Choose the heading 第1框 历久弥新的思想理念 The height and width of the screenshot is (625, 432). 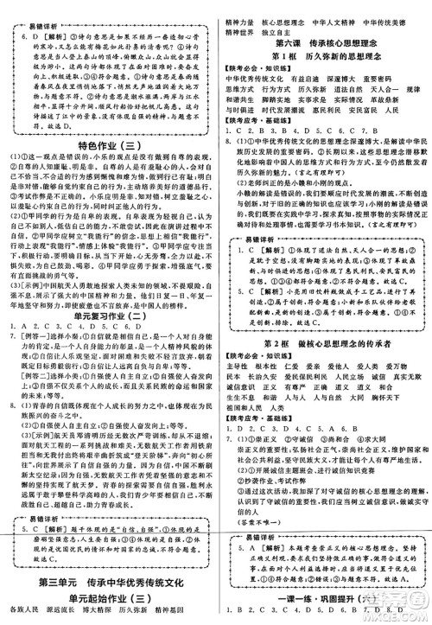tap(322, 55)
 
